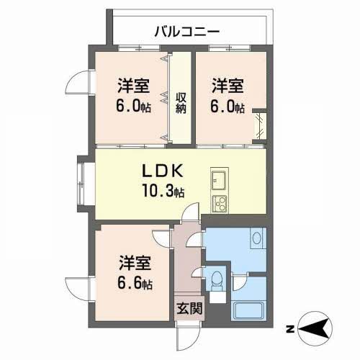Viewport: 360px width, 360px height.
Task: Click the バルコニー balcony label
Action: click(186, 31)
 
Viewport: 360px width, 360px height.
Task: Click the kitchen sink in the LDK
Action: click(218, 178)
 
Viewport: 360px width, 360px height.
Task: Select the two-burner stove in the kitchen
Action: click(219, 201)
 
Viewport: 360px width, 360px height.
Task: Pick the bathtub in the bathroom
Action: click(249, 312)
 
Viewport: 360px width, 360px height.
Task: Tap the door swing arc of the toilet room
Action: click(210, 271)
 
